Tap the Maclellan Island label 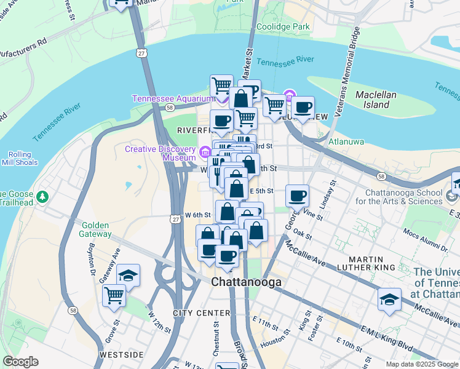[x=376, y=100]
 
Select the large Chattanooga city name [x=246, y=282]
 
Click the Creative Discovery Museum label [x=160, y=154]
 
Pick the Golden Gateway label [x=96, y=229]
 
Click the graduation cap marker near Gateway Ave [x=128, y=276]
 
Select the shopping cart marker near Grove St [x=114, y=295]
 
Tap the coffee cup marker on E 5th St [x=297, y=196]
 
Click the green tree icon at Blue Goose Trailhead [x=42, y=197]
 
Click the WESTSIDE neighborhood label [x=122, y=355]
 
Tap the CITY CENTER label [x=201, y=313]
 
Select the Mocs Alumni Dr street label [x=423, y=241]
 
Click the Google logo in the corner [x=20, y=362]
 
